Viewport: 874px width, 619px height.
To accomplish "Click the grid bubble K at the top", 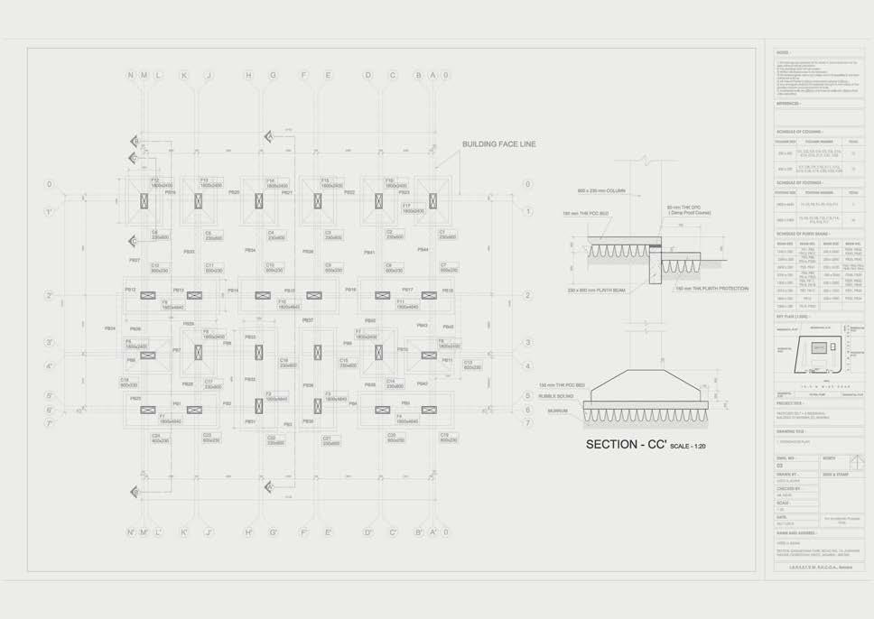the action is coord(183,76).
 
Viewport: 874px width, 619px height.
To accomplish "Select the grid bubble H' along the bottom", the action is coord(248,531).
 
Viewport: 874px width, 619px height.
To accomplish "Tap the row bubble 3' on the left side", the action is coord(50,343).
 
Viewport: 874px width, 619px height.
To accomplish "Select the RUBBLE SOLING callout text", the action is coord(556,395).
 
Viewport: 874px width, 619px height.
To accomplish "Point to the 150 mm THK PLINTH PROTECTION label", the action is coord(711,289).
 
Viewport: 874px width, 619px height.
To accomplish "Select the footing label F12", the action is coord(155,180).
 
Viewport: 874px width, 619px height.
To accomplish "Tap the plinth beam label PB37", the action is coord(307,320).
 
